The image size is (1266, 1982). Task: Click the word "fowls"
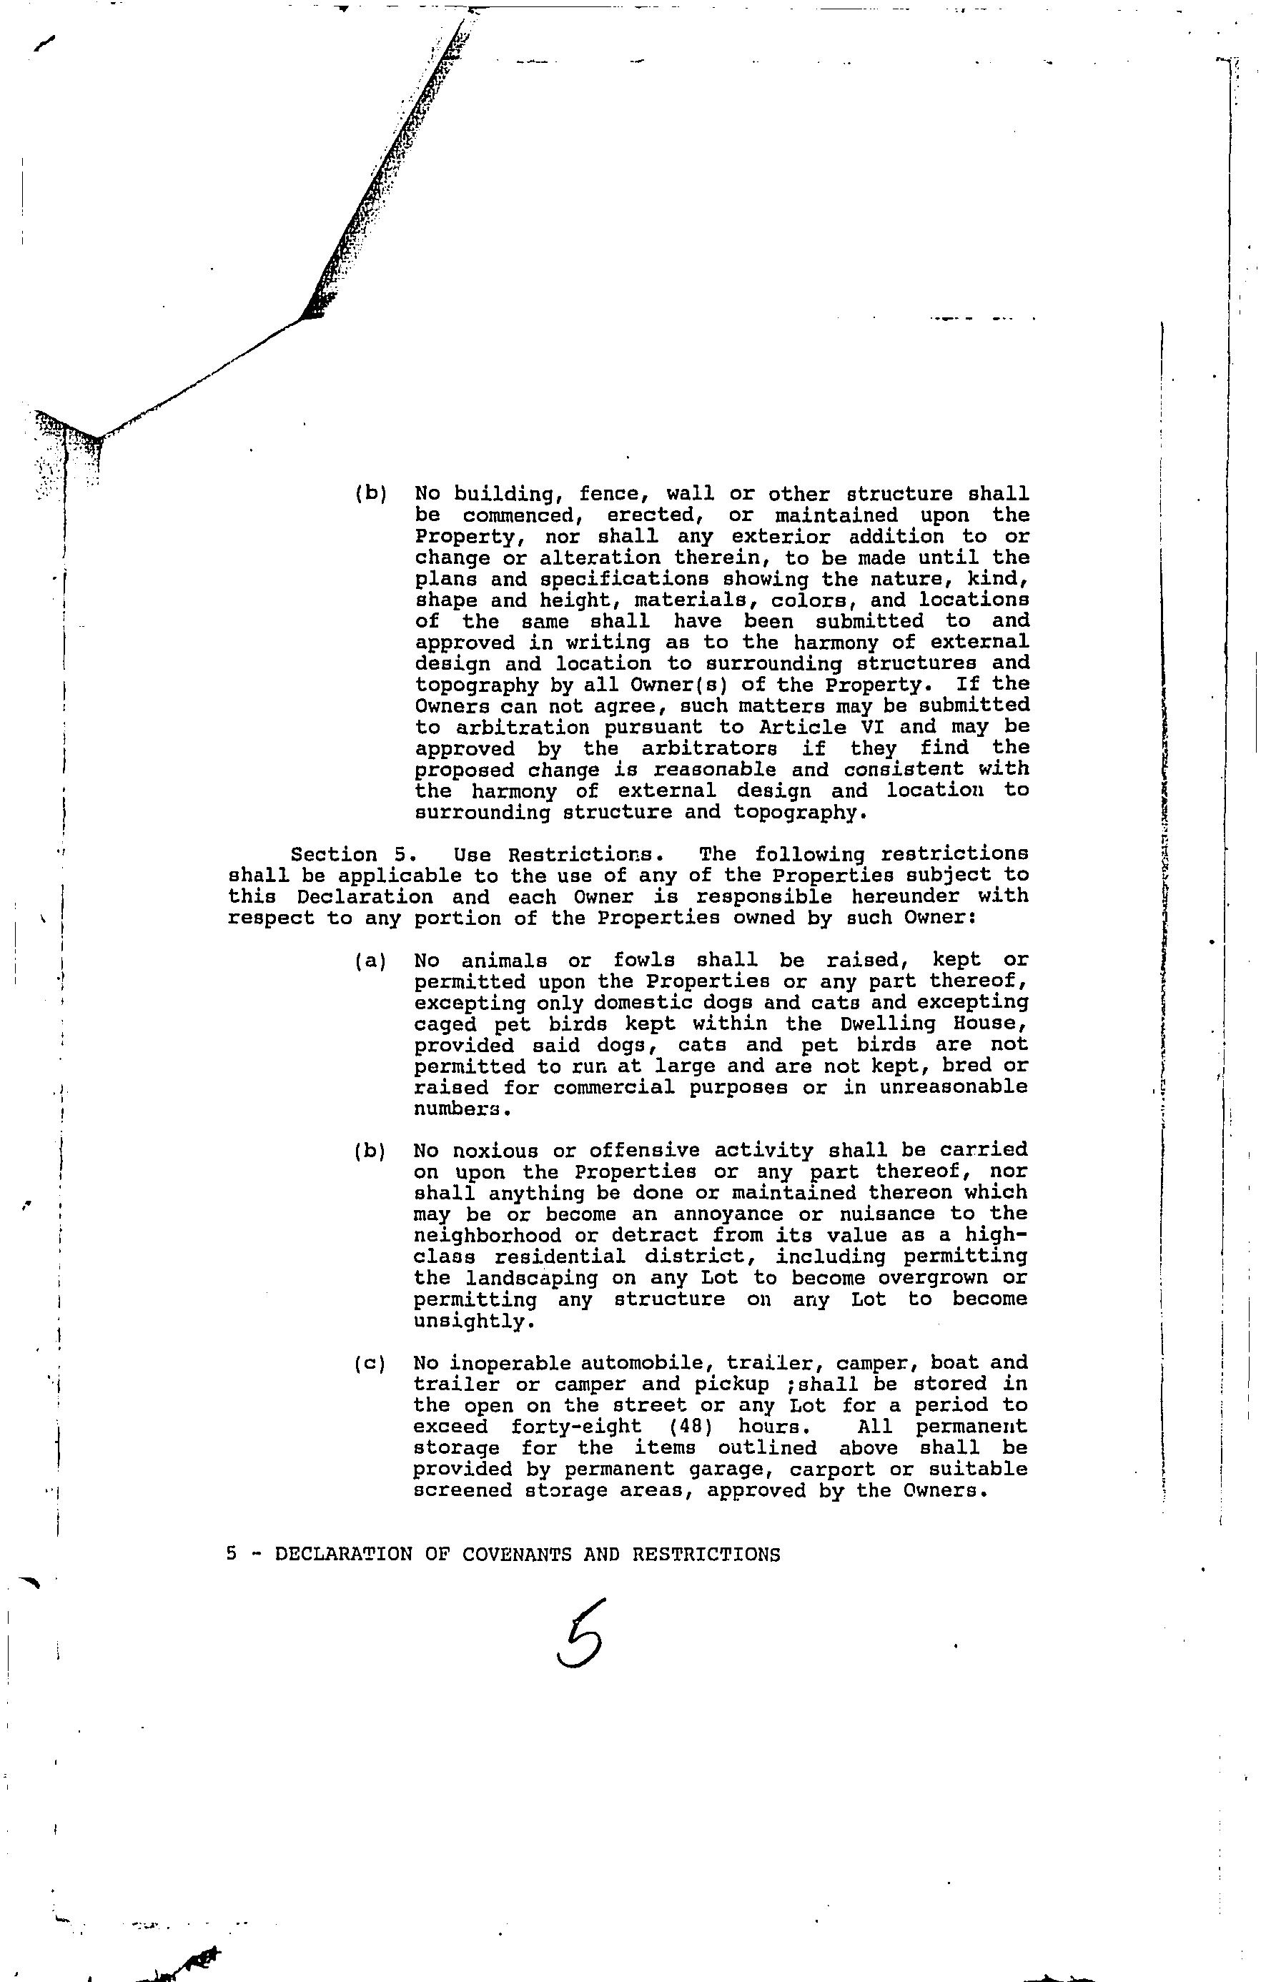643,961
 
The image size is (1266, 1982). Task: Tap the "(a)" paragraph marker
370,961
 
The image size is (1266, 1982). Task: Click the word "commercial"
613,1088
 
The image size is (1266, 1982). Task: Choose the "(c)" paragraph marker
370,1364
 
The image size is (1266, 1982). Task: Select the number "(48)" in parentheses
691,1427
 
